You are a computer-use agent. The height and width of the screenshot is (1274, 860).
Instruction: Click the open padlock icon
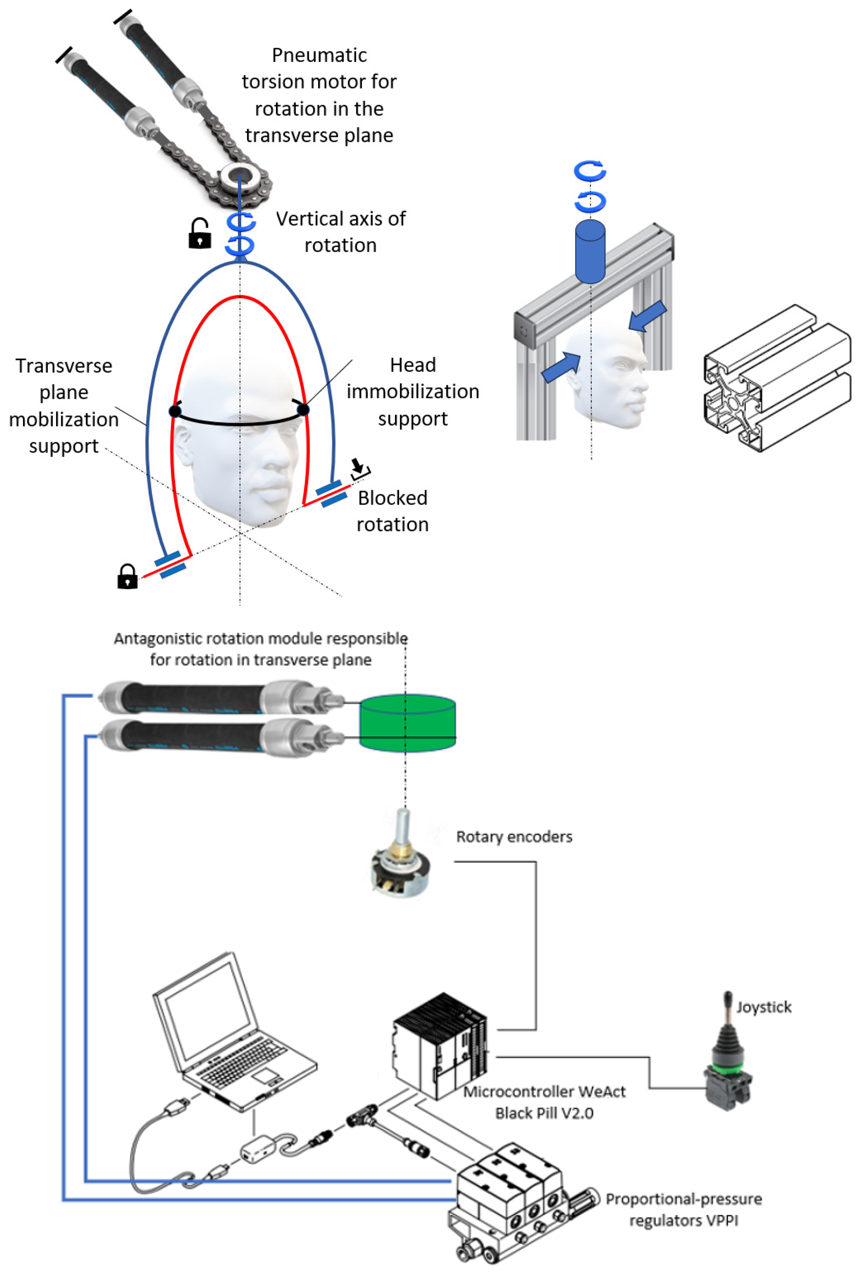point(200,233)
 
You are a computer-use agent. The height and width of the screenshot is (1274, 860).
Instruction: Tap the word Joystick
point(763,1007)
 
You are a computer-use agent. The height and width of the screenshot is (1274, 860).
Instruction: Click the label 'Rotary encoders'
point(514,837)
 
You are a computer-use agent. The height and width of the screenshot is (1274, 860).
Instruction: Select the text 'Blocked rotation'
point(393,511)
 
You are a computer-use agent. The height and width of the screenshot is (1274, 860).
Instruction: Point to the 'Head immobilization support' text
point(413,391)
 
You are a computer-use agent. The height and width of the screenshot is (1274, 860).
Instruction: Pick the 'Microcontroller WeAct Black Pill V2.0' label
point(544,1102)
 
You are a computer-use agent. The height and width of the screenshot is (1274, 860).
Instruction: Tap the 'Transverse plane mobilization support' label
point(64,406)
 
